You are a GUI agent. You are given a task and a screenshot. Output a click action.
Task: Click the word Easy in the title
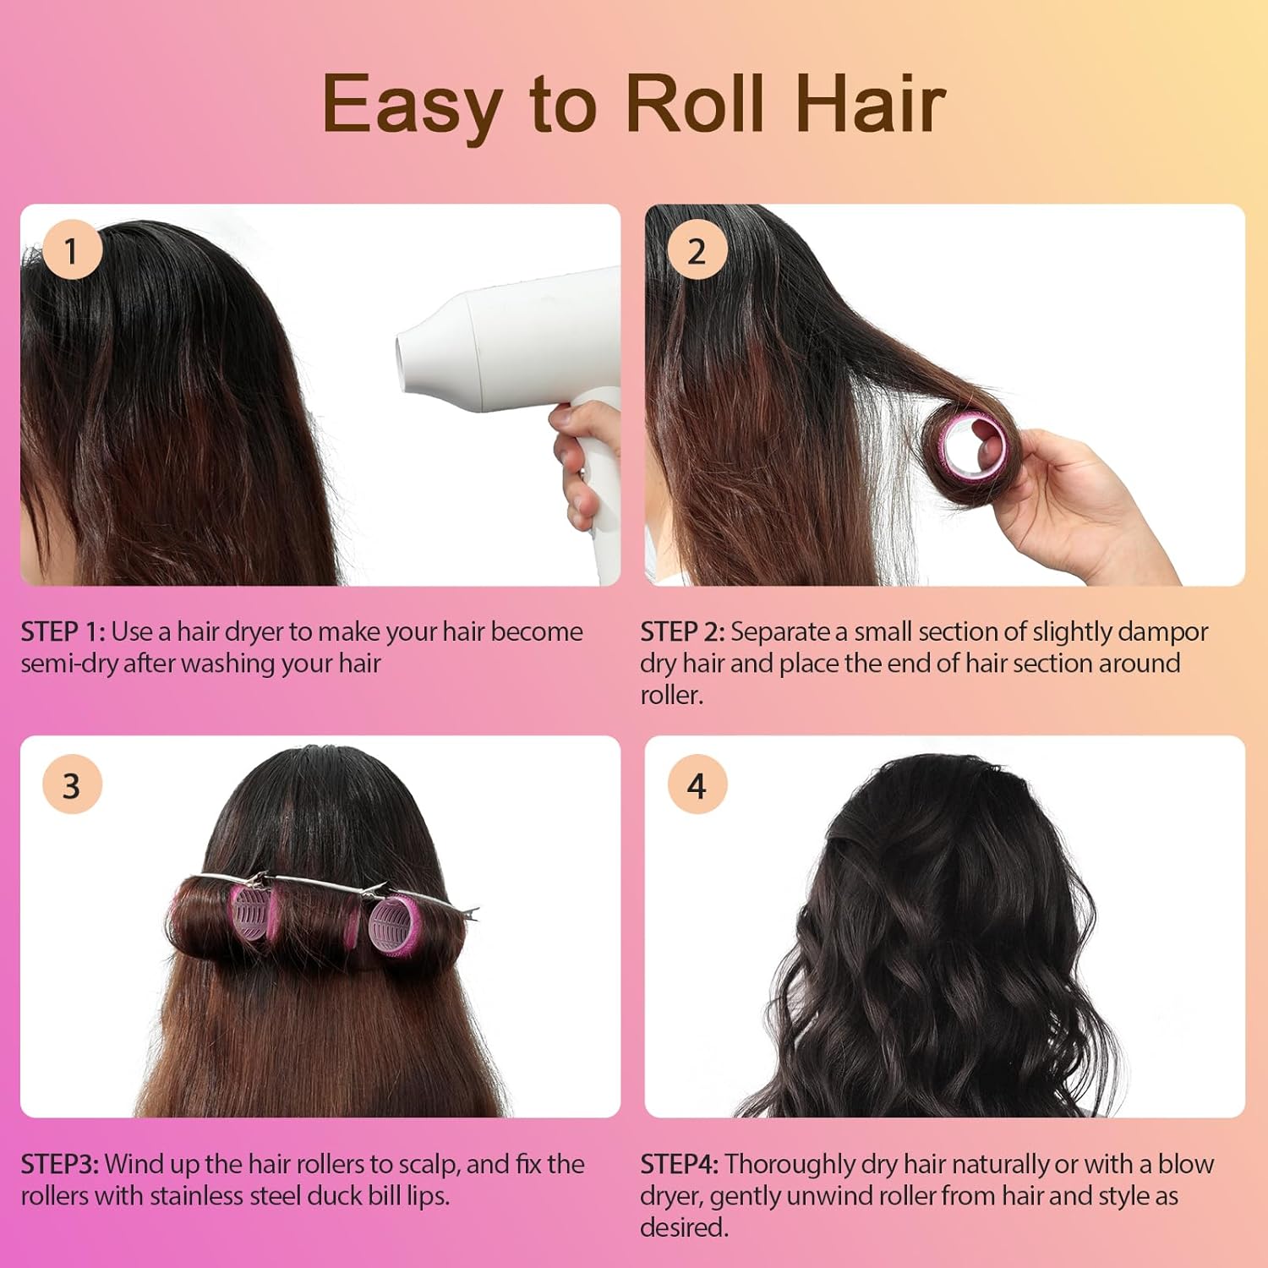(412, 105)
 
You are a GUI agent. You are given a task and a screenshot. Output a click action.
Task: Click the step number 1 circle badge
(73, 250)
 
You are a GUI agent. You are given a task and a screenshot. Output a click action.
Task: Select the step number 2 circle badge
(697, 251)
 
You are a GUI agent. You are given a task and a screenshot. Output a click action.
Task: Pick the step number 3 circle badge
(73, 784)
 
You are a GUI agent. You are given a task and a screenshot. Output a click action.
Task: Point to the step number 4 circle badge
(697, 786)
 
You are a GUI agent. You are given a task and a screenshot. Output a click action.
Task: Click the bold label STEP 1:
(63, 631)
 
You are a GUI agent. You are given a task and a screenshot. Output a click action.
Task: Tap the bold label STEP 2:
(683, 631)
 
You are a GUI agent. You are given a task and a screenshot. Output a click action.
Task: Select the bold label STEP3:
(60, 1164)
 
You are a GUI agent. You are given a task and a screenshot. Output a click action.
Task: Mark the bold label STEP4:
(680, 1164)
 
